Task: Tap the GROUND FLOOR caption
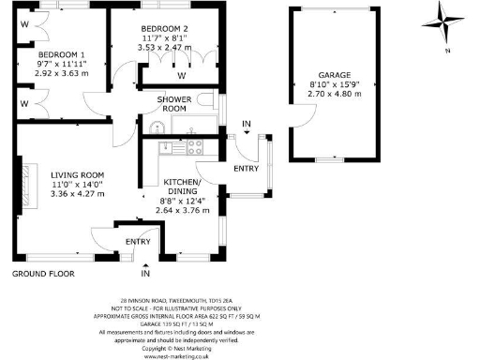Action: [x=42, y=274]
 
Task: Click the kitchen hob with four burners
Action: [x=196, y=146]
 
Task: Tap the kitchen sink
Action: [x=169, y=146]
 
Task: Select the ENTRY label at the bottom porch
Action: [x=139, y=242]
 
